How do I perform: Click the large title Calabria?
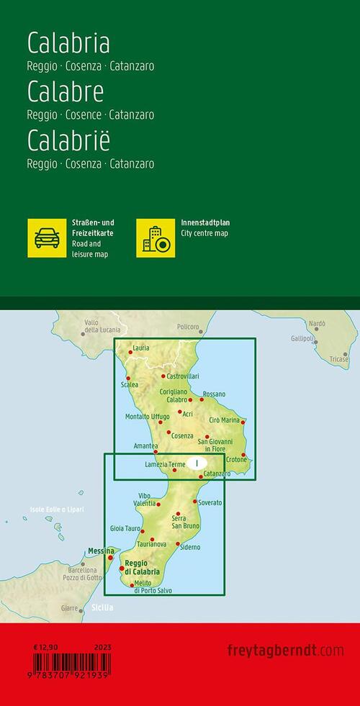pos(68,44)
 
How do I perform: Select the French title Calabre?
pos(66,92)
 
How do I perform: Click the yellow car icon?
pos(47,237)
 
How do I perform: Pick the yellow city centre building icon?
pos(156,237)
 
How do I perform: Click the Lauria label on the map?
pos(141,348)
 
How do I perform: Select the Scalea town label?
pos(130,385)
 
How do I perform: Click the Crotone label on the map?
pos(235,459)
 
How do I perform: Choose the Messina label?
pos(101,551)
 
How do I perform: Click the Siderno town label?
pos(190,548)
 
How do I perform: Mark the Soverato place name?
pos(210,502)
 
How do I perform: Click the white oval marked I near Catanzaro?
pos(197,464)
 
